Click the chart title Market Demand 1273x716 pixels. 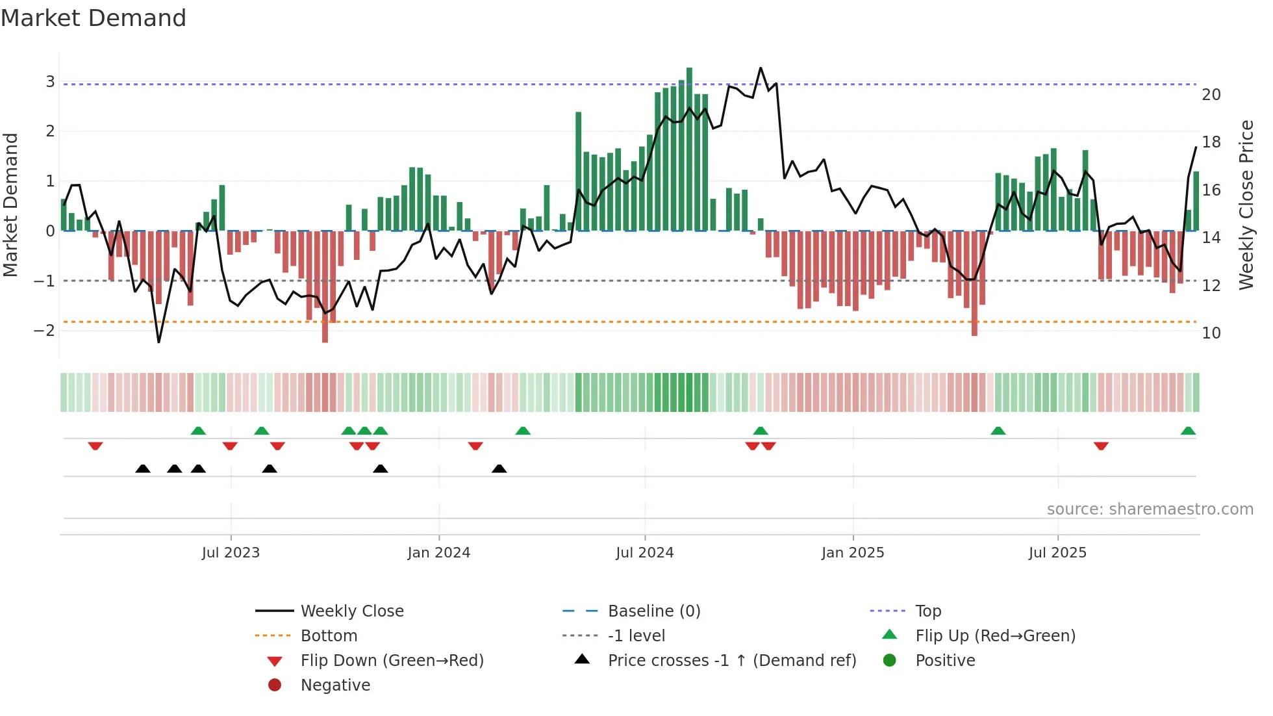(x=94, y=18)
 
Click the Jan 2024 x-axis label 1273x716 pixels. (x=438, y=553)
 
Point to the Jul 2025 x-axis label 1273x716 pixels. (x=1057, y=553)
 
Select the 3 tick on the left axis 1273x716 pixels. (x=50, y=82)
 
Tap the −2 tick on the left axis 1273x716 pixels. (x=45, y=331)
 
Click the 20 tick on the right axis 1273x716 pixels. (x=1211, y=95)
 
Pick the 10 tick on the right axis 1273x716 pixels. (x=1211, y=333)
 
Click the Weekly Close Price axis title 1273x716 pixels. (x=1246, y=205)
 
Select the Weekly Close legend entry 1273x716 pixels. (x=351, y=611)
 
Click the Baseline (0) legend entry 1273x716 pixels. (x=653, y=611)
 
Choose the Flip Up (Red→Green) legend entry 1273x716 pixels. (x=994, y=636)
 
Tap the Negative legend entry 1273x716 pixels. (x=335, y=685)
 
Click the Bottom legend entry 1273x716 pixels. (x=329, y=636)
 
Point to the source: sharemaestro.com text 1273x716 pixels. (x=1150, y=509)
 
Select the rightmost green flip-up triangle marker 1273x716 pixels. (x=1188, y=431)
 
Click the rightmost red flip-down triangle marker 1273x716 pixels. (x=1100, y=446)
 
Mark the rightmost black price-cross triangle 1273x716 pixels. (x=499, y=468)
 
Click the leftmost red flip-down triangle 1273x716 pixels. (x=95, y=446)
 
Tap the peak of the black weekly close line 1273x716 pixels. (x=761, y=68)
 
